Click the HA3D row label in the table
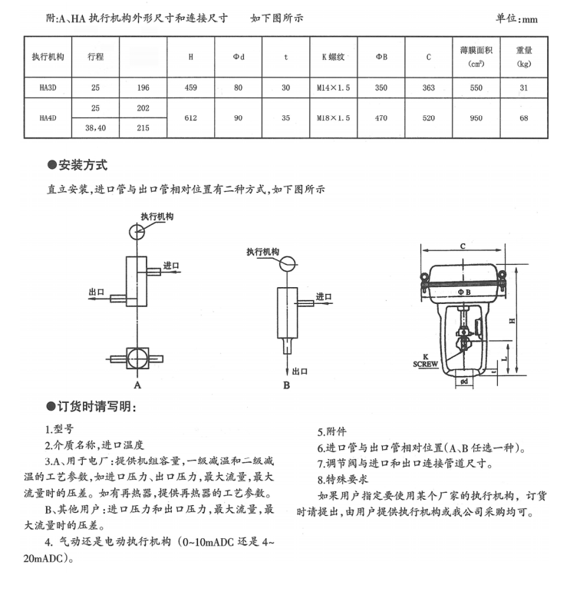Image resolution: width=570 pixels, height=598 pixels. (48, 88)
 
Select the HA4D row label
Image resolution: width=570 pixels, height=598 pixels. (48, 118)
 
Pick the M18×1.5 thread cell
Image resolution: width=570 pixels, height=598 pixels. (333, 118)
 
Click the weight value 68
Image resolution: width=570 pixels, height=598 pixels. (524, 118)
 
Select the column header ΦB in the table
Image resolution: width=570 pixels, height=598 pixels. (381, 57)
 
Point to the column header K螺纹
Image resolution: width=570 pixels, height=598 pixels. (333, 57)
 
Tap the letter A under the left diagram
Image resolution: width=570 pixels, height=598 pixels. (137, 383)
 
